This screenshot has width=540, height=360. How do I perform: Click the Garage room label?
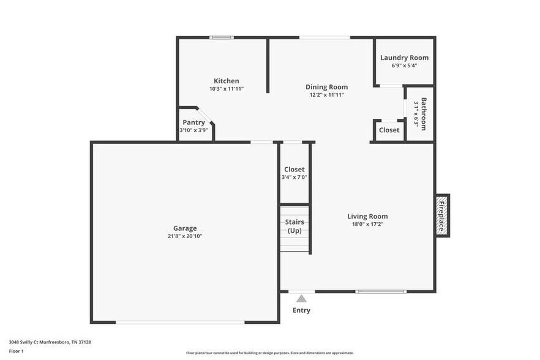click(x=184, y=228)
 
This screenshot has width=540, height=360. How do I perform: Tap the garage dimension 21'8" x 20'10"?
click(x=184, y=236)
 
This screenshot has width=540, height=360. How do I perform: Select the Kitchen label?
click(x=226, y=81)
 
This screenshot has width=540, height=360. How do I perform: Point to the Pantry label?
click(x=193, y=122)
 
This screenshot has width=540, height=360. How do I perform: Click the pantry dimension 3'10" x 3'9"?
click(x=193, y=130)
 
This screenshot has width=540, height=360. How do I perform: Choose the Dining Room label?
click(x=326, y=87)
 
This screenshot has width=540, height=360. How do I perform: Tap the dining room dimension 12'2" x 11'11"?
click(x=326, y=95)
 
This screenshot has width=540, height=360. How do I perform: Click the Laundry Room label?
click(x=404, y=58)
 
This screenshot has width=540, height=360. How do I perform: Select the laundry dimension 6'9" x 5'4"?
click(x=404, y=65)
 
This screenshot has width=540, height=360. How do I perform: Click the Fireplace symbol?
click(x=441, y=216)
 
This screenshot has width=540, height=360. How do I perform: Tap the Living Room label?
click(x=367, y=216)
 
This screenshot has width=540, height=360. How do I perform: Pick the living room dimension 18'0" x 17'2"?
click(x=367, y=224)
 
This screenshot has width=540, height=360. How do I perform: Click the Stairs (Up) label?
click(x=294, y=226)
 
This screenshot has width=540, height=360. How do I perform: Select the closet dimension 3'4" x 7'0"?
click(x=294, y=177)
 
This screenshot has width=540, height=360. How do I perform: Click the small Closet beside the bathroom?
click(x=389, y=130)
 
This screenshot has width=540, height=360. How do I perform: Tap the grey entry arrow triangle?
click(x=301, y=299)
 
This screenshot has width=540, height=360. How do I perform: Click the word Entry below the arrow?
click(x=301, y=310)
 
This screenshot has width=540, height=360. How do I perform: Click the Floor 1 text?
click(x=16, y=351)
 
